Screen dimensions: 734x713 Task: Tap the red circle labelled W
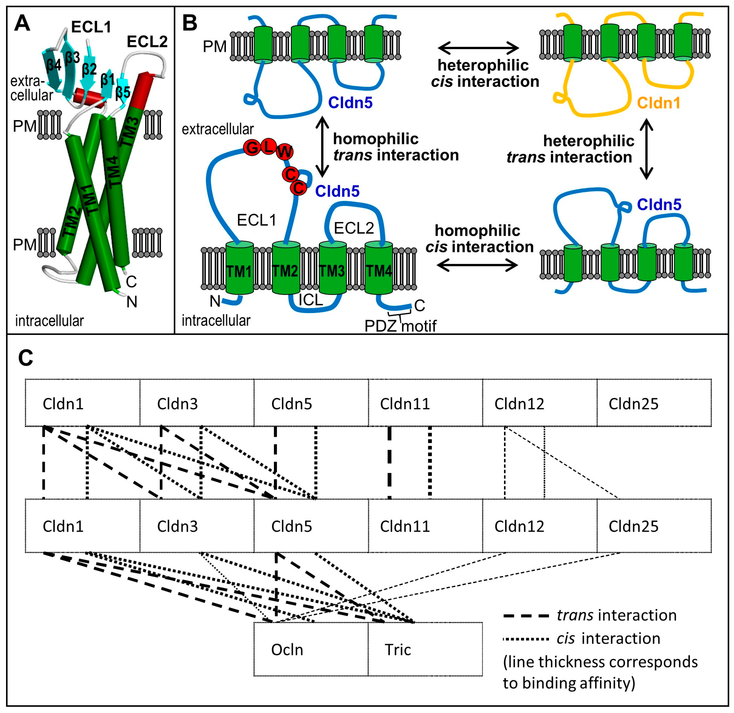click(x=285, y=152)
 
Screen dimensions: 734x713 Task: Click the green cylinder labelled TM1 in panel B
click(x=240, y=268)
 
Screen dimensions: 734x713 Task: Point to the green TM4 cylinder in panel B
click(x=379, y=268)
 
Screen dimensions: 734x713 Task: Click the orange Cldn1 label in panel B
click(x=658, y=103)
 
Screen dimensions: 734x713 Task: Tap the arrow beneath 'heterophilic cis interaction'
click(x=479, y=48)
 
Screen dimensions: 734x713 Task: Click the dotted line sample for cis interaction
click(x=526, y=639)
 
